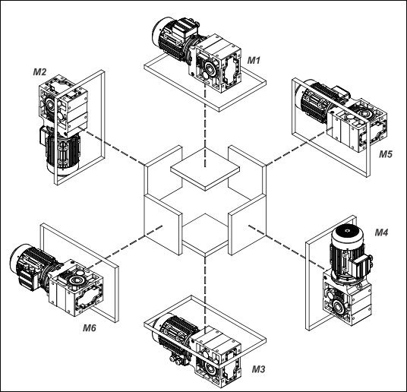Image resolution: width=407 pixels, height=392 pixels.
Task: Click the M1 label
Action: [x=254, y=60]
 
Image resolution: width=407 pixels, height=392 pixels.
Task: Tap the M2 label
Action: [x=39, y=72]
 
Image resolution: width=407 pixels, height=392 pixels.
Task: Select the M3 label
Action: [x=258, y=369]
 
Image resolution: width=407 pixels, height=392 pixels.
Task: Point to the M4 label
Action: [x=381, y=232]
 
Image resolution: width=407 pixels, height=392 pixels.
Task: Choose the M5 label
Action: [x=386, y=154]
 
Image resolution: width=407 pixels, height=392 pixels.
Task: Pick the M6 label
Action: [x=90, y=328]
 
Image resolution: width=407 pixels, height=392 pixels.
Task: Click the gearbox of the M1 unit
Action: [x=216, y=64]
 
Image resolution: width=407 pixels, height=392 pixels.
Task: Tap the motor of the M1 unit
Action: [x=174, y=39]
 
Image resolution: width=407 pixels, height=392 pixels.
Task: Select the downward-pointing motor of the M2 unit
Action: [x=62, y=152]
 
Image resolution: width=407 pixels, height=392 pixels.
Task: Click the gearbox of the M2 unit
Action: [x=64, y=104]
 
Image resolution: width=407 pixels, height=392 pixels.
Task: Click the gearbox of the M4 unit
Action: [x=347, y=299]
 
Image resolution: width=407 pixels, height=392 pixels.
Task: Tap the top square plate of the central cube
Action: [x=205, y=169]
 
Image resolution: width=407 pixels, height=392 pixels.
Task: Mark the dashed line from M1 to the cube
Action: [x=205, y=125]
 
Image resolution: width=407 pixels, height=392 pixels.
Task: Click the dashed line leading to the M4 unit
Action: [x=286, y=247]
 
